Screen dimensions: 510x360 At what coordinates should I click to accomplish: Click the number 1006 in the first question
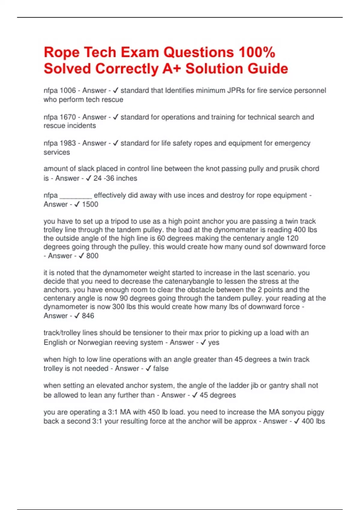(68, 90)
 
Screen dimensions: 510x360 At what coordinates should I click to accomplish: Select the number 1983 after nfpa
(68, 143)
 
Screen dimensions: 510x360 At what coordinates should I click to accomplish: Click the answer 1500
(90, 204)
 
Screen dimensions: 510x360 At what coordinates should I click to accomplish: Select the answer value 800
(92, 256)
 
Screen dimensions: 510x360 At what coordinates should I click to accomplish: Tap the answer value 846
(88, 316)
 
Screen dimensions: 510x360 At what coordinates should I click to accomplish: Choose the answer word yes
(214, 342)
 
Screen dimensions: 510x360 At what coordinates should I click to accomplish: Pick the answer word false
(161, 368)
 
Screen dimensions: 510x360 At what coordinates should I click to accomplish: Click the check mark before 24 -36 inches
(88, 178)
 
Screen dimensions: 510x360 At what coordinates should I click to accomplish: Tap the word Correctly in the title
(127, 68)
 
